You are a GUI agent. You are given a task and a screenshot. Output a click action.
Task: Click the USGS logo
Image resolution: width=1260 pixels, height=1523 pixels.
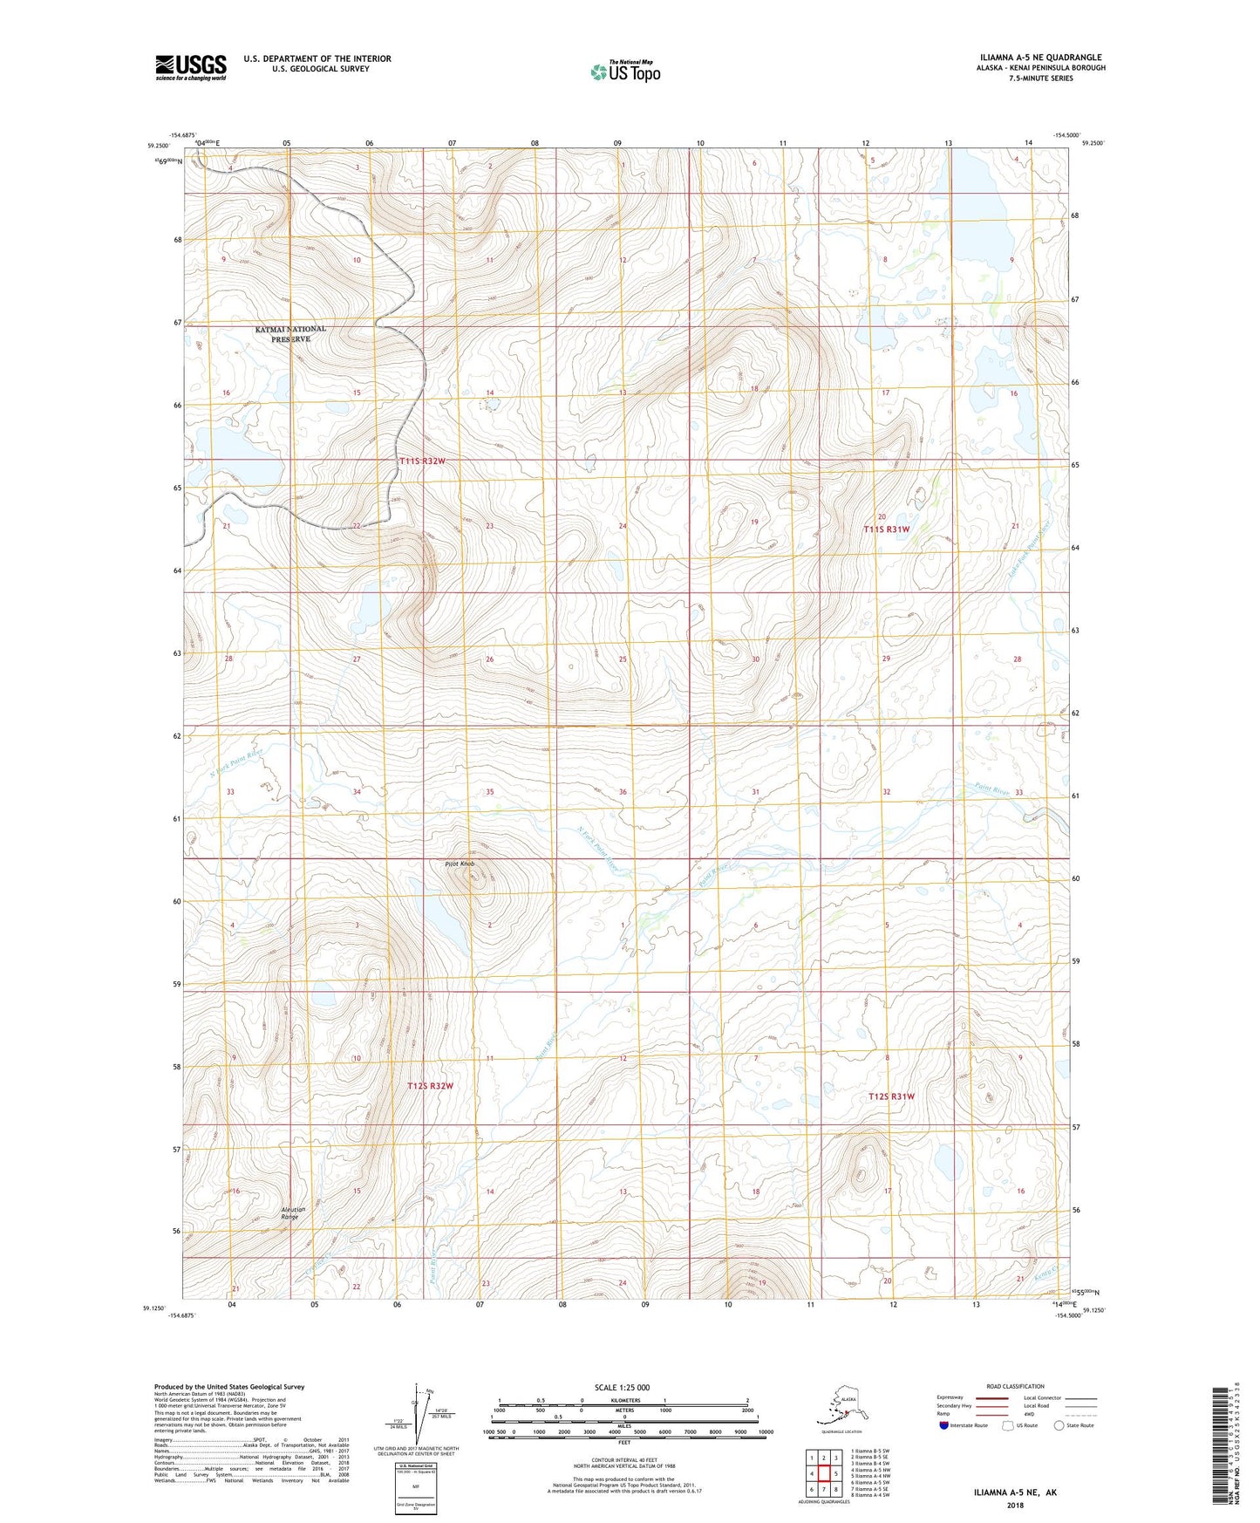[x=190, y=67]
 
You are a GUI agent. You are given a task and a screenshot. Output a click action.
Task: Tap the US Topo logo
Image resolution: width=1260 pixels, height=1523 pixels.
[x=625, y=72]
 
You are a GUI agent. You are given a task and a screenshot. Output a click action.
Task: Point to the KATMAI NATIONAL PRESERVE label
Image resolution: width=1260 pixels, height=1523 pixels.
[x=290, y=333]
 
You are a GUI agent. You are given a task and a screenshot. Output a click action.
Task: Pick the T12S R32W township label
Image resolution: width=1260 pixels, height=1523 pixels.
[x=430, y=1086]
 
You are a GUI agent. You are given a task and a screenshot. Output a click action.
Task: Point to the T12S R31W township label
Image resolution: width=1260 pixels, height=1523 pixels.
[x=891, y=1096]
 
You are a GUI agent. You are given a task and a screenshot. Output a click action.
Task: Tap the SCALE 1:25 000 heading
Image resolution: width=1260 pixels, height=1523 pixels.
[x=622, y=1387]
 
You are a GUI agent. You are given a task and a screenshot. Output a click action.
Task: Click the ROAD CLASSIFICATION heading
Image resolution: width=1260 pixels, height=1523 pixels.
[x=1015, y=1386]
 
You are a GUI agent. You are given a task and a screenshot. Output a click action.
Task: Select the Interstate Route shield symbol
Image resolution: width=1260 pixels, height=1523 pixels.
[x=943, y=1425]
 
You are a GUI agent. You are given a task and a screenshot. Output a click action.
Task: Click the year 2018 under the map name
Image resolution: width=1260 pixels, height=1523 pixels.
[x=1015, y=1505]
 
